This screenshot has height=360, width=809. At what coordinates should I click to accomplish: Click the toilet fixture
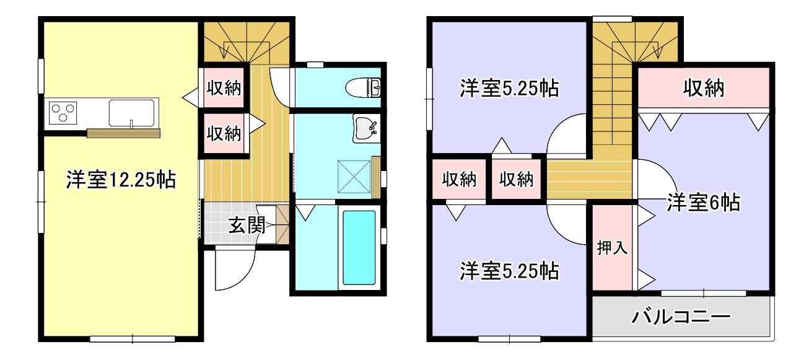click(x=369, y=87)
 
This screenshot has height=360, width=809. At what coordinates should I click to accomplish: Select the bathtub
click(x=359, y=247)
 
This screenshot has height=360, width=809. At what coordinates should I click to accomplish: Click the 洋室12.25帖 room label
click(x=121, y=180)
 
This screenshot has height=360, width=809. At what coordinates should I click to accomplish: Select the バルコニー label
click(x=681, y=318)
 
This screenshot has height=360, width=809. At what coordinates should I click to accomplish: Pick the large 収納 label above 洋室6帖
click(x=704, y=89)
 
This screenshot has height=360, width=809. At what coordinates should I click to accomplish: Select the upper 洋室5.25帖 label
click(x=509, y=89)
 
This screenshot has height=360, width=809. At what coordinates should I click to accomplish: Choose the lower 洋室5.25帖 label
click(x=509, y=271)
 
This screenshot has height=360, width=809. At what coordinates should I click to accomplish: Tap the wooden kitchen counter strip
click(x=123, y=133)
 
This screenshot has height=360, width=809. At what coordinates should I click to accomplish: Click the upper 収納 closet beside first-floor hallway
click(x=224, y=89)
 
